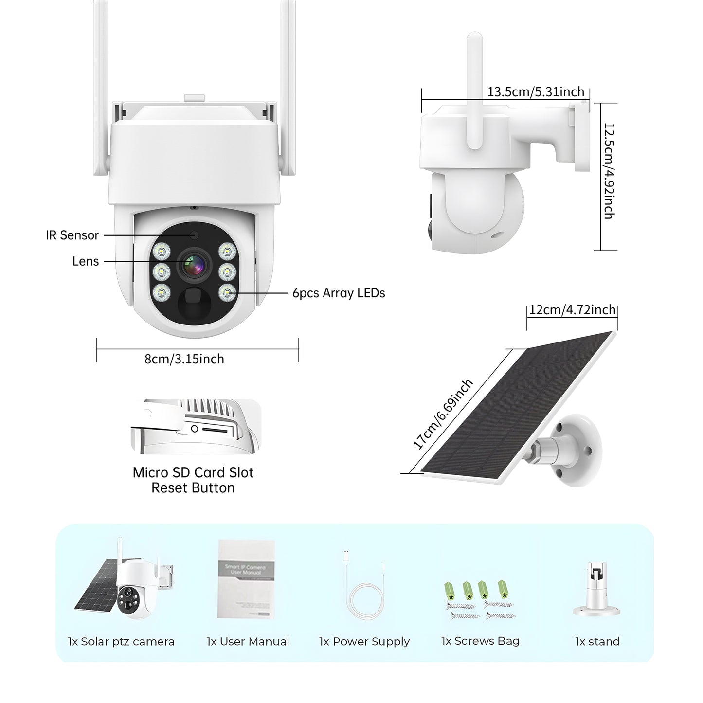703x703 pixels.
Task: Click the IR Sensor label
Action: click(72, 235)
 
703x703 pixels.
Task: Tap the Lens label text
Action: click(85, 262)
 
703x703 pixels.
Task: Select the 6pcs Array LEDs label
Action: click(339, 293)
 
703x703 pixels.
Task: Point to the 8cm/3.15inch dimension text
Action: click(184, 360)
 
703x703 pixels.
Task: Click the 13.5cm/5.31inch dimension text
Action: click(536, 91)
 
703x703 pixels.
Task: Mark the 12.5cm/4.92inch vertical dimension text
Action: click(609, 171)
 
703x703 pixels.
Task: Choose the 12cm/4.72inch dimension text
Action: click(572, 310)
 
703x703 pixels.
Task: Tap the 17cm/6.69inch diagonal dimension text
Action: click(442, 415)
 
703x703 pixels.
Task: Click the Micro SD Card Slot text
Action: click(193, 472)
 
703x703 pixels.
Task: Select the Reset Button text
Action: click(193, 488)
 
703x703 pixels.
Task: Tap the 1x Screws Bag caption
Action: click(480, 641)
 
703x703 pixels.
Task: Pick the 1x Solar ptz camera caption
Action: click(121, 642)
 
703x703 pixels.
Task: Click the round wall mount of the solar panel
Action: click(579, 450)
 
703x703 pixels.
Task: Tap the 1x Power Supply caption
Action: click(364, 642)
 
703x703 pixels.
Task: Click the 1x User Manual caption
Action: click(248, 642)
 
